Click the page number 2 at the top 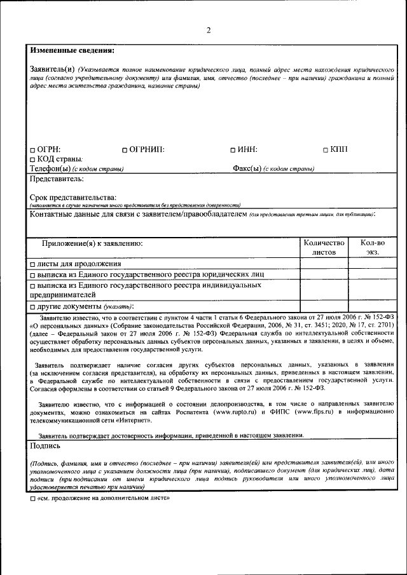(x=208, y=30)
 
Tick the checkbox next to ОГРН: (x=33, y=150)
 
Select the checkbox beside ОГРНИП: (x=125, y=150)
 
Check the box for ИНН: (x=233, y=150)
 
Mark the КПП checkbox (x=326, y=150)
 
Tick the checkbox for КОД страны (x=33, y=159)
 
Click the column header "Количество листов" (x=324, y=247)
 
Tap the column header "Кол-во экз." (x=372, y=247)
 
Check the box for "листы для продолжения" (x=33, y=264)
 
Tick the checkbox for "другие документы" (x=33, y=306)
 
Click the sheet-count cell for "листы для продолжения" (x=324, y=264)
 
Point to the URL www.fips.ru (x=319, y=412)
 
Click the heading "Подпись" (x=46, y=447)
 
